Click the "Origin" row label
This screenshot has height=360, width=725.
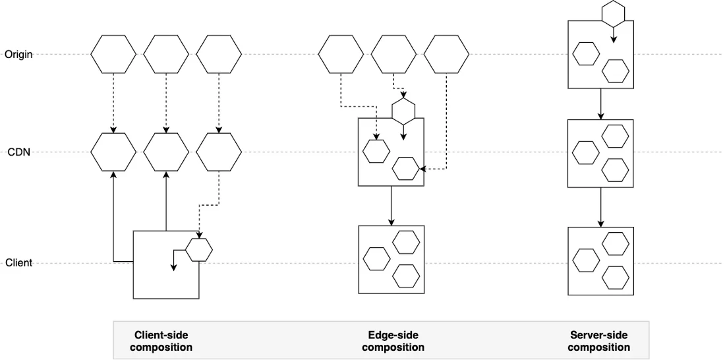(x=18, y=54)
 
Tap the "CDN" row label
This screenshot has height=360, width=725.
(x=19, y=152)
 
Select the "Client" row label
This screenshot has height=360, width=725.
(x=18, y=263)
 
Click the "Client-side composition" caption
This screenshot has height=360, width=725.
(x=161, y=341)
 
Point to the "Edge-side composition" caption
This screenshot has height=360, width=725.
(x=393, y=341)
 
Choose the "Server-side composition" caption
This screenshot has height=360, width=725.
(x=598, y=341)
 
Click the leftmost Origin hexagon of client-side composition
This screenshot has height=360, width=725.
(x=113, y=54)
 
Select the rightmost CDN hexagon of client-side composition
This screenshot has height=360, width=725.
(x=219, y=152)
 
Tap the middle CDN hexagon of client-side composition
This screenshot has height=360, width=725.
(x=166, y=152)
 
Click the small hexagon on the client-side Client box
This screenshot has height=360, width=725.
(x=198, y=250)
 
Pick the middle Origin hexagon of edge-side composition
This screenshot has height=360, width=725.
(x=393, y=54)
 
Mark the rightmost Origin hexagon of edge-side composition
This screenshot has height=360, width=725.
(x=446, y=54)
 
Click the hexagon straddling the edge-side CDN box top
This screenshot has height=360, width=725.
(x=403, y=111)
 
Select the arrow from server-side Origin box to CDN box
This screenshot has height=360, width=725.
(x=600, y=104)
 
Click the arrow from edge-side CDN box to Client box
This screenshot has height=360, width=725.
(x=391, y=205)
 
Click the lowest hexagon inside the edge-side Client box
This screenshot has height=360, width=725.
(x=406, y=275)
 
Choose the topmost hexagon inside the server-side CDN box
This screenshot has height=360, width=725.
(x=615, y=136)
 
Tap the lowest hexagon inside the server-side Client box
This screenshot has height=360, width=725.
(x=615, y=276)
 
